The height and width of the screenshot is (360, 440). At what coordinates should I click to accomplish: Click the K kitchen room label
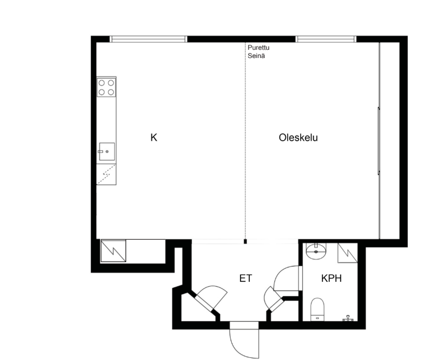click(x=154, y=137)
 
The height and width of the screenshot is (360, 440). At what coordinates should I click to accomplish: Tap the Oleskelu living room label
click(x=298, y=137)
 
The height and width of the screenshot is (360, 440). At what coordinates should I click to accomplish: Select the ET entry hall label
click(x=245, y=278)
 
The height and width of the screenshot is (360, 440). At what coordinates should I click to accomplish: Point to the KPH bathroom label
click(x=331, y=278)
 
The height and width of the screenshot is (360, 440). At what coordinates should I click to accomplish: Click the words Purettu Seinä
click(x=259, y=51)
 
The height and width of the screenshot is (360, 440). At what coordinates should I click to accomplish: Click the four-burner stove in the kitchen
click(x=107, y=88)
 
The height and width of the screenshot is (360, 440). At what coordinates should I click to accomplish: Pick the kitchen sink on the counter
click(x=107, y=152)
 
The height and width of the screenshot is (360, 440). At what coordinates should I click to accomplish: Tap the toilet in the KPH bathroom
click(x=318, y=309)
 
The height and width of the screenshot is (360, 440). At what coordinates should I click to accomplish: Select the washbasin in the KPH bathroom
click(x=316, y=251)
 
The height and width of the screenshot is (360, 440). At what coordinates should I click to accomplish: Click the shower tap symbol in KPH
click(x=348, y=318)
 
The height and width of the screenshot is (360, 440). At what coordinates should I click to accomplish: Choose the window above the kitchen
click(x=148, y=39)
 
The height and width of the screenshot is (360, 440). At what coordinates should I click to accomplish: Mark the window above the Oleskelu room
click(x=326, y=39)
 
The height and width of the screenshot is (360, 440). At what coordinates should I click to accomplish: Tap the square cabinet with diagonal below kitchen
click(x=113, y=251)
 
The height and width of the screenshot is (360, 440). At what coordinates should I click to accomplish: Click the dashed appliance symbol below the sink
click(x=107, y=175)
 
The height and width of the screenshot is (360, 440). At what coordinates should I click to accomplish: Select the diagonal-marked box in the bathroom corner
click(x=348, y=253)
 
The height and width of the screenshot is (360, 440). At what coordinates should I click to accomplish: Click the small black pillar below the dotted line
click(x=245, y=241)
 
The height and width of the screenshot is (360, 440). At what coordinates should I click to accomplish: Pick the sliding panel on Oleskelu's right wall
click(x=379, y=141)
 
